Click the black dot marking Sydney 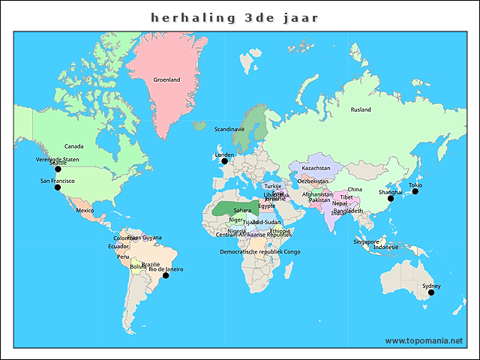(431, 292)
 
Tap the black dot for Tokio (415, 191)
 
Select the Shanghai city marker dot (389, 198)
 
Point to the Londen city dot (223, 161)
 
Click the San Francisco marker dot (57, 187)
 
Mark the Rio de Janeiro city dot (166, 275)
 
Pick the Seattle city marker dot (58, 169)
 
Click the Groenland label (166, 79)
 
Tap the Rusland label (361, 109)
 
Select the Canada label (73, 146)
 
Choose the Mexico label (85, 211)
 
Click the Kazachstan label (316, 168)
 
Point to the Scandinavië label (229, 130)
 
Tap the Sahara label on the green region (242, 211)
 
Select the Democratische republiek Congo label (259, 252)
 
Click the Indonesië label (385, 247)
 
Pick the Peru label (123, 256)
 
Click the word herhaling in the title (188, 17)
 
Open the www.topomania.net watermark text (424, 340)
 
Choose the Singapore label (366, 241)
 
